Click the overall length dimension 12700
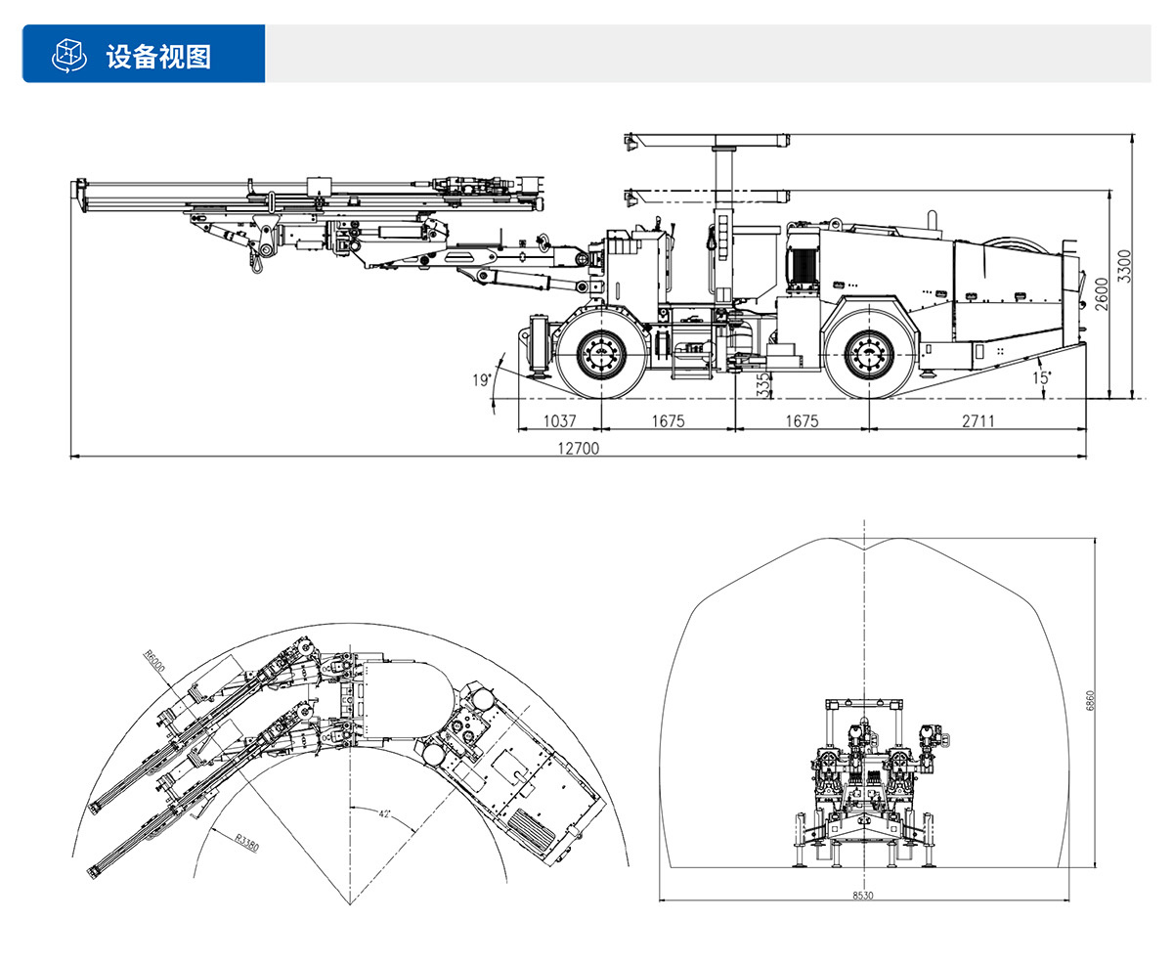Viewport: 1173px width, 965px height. pyautogui.click(x=578, y=449)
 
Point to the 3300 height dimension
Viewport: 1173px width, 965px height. pyautogui.click(x=1124, y=266)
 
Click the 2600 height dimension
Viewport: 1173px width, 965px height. pyautogui.click(x=1102, y=294)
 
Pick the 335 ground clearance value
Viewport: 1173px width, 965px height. pyautogui.click(x=763, y=382)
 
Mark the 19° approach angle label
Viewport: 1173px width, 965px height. pyautogui.click(x=480, y=380)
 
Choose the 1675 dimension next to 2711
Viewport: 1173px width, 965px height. pyautogui.click(x=800, y=421)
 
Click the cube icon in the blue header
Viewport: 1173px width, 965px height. pyautogui.click(x=67, y=55)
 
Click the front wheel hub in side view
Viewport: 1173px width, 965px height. pyautogui.click(x=600, y=354)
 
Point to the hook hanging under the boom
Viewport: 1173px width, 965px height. pyautogui.click(x=259, y=260)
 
